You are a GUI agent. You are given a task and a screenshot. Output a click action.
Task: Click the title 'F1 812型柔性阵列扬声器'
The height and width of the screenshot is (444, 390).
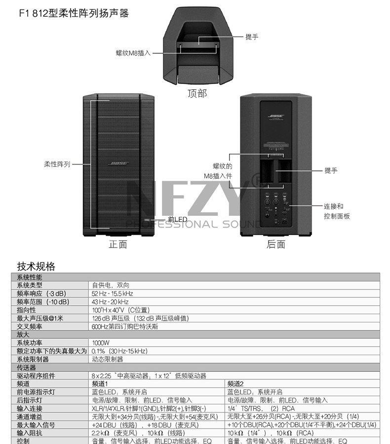[x=74, y=13]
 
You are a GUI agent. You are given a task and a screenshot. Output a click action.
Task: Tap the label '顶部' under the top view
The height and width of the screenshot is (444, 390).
[x=197, y=93]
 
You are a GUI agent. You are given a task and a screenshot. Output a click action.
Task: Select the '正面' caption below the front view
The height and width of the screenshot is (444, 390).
[x=118, y=244]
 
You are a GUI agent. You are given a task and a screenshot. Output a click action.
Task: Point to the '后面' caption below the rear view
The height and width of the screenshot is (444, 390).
[x=276, y=244]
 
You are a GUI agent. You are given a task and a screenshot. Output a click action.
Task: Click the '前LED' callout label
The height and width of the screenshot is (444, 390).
[x=178, y=219]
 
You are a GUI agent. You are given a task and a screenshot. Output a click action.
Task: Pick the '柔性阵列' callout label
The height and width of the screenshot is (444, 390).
[x=57, y=164]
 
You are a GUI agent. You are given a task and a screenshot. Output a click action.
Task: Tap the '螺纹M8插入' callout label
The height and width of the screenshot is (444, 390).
[x=133, y=52]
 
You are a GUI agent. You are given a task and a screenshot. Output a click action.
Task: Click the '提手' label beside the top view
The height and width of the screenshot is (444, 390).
[x=252, y=37]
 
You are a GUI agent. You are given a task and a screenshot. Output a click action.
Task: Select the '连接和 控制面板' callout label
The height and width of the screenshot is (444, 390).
[x=337, y=211]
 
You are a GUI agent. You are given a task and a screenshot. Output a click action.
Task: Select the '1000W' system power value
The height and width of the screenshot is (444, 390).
[x=100, y=342]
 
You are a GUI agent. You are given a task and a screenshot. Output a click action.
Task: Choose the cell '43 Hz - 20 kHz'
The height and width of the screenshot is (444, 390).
[x=110, y=301]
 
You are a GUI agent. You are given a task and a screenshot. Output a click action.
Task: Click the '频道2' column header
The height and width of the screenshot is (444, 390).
[x=235, y=383]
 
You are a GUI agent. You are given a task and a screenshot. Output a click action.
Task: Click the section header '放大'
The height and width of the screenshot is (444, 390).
[x=24, y=334]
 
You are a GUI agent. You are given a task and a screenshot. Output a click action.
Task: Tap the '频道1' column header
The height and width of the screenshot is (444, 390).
[x=100, y=383]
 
